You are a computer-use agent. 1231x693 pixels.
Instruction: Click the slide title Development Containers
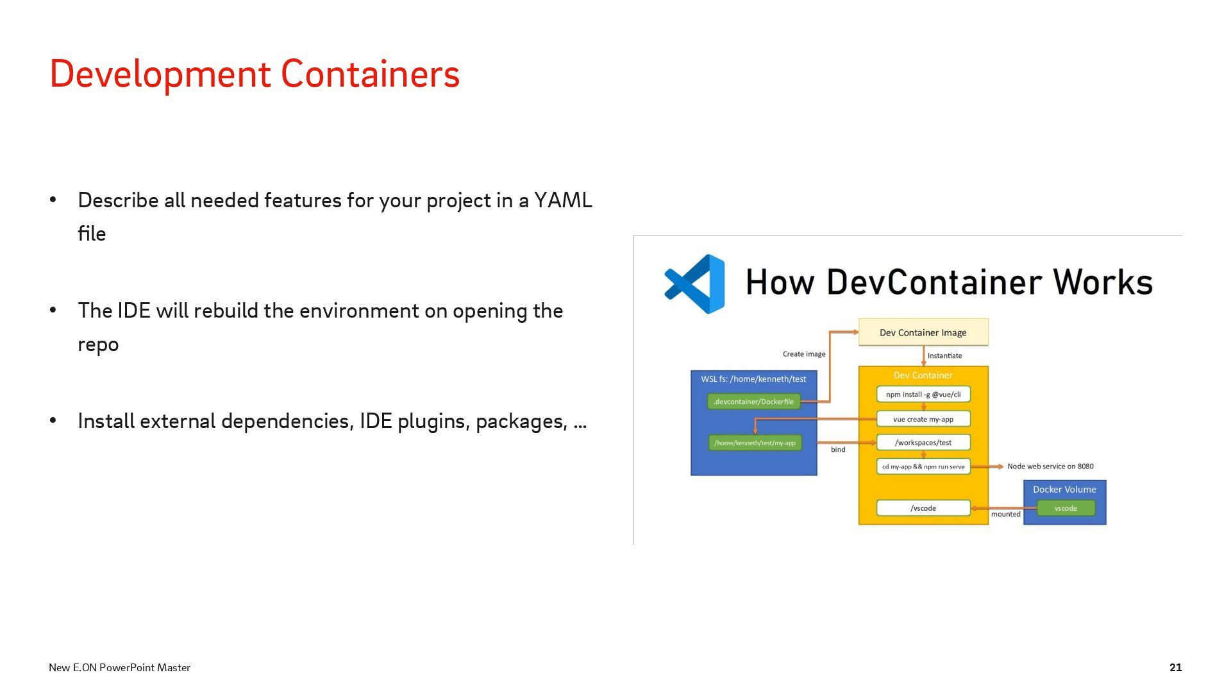click(x=255, y=74)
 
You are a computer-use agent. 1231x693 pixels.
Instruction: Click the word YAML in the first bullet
click(x=563, y=200)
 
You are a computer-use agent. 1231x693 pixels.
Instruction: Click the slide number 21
click(x=1175, y=667)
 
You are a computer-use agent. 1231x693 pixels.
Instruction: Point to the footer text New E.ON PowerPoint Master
click(x=119, y=667)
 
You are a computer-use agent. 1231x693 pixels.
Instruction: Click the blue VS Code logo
click(x=695, y=284)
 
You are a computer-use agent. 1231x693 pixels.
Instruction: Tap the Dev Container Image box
click(x=923, y=332)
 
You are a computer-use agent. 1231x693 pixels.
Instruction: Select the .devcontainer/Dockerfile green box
click(x=753, y=402)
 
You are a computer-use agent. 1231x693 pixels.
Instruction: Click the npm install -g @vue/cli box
click(x=923, y=395)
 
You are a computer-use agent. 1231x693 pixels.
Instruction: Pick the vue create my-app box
click(x=923, y=419)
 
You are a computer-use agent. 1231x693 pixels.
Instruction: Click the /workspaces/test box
click(x=923, y=443)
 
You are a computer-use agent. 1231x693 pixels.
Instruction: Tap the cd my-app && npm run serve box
click(x=923, y=466)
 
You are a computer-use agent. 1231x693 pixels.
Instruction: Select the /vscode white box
click(x=923, y=508)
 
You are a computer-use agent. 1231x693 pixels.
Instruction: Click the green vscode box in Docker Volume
click(x=1066, y=508)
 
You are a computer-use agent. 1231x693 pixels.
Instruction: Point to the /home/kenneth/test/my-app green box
click(x=755, y=443)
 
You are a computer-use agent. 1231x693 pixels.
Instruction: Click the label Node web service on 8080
click(x=1050, y=466)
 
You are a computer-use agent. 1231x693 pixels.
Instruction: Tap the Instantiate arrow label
click(x=944, y=355)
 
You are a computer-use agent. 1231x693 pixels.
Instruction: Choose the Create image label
click(x=804, y=354)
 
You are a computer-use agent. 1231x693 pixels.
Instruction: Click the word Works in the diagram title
click(x=1102, y=282)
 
